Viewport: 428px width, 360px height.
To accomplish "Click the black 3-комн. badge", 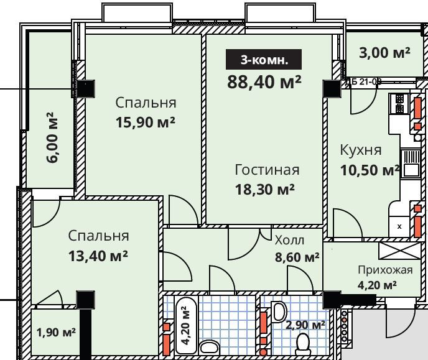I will pyautogui.click(x=264, y=60).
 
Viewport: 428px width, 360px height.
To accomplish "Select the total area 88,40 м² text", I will pyautogui.click(x=264, y=81).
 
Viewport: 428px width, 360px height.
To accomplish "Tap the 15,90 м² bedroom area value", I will pyautogui.click(x=145, y=122).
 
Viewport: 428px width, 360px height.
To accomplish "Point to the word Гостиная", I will pyautogui.click(x=267, y=170).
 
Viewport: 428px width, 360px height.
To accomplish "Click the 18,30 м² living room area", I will pyautogui.click(x=265, y=189).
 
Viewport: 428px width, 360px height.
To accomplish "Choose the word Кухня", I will pyautogui.click(x=360, y=150).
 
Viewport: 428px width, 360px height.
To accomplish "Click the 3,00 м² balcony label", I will pyautogui.click(x=384, y=53).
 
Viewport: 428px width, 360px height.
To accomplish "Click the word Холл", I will pyautogui.click(x=289, y=241).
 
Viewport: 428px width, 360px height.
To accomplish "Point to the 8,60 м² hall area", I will pyautogui.click(x=297, y=256).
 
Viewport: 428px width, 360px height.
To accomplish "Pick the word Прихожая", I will pyautogui.click(x=385, y=270).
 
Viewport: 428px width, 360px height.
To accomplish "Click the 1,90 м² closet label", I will pyautogui.click(x=56, y=332).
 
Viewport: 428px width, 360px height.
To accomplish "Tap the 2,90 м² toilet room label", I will pyautogui.click(x=305, y=325).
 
